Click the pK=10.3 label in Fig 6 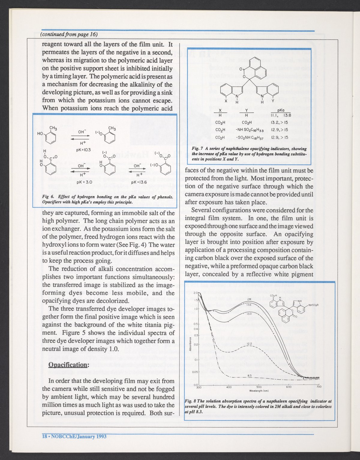pyautogui.click(x=83, y=149)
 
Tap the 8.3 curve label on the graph pyautogui.click(x=249, y=375)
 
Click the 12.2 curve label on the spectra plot pyautogui.click(x=249, y=343)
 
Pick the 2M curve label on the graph pyautogui.click(x=249, y=299)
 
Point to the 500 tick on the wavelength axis pyautogui.click(x=259, y=387)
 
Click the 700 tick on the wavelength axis pyautogui.click(x=319, y=387)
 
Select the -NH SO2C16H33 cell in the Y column pyautogui.click(x=246, y=130)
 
